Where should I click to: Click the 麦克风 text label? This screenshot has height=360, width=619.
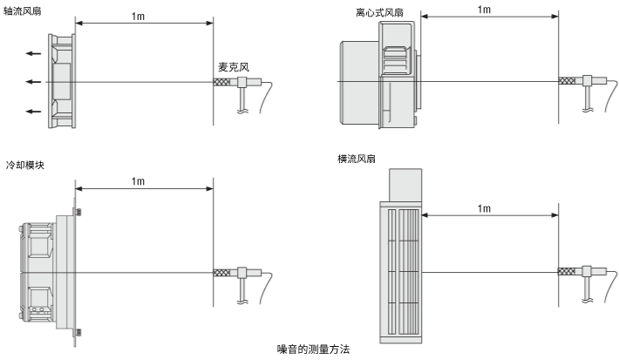pos(233,65)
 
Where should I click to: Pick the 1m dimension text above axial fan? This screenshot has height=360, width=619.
pos(138,17)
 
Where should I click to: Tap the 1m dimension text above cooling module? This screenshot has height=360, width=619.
pos(138,181)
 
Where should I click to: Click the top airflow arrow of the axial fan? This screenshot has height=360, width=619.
pos(32,53)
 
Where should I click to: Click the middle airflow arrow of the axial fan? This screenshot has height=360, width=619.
pos(32,82)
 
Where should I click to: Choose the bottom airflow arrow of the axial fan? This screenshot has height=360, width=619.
pos(32,112)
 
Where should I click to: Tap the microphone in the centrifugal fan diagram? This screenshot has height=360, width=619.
pos(582,82)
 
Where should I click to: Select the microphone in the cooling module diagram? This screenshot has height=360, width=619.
pos(237,274)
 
